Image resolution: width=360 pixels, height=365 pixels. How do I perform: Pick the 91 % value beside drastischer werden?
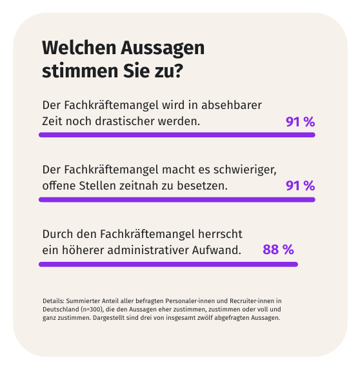(299, 121)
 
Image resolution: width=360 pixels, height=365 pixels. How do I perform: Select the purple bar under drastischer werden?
(177, 135)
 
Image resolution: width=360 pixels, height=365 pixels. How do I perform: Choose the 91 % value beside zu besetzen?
(299, 186)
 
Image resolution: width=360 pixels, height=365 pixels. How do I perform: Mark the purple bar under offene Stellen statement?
(177, 200)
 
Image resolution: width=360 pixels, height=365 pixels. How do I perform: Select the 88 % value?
(278, 250)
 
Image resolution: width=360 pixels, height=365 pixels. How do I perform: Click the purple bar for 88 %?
(168, 264)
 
